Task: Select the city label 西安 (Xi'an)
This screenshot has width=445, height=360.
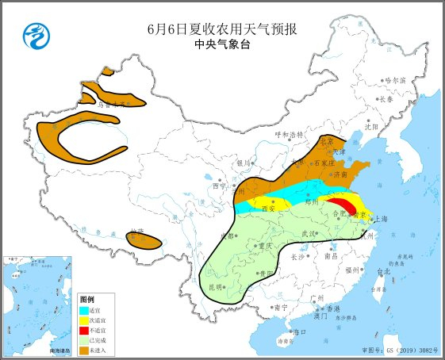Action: point(268,209)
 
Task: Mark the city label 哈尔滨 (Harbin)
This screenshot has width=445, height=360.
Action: point(394,80)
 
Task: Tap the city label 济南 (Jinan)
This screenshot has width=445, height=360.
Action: point(340,173)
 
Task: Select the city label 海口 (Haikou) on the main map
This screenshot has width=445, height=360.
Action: point(299,331)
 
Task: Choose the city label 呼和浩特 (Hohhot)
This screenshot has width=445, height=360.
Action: point(290,135)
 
